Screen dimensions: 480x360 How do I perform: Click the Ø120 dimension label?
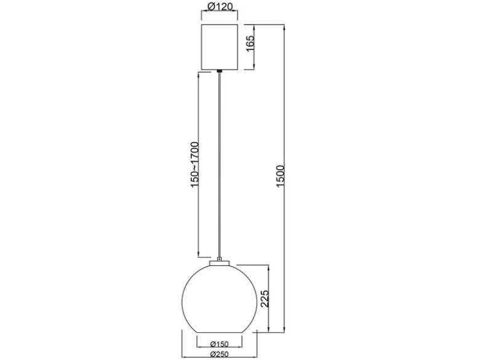tap(220, 6)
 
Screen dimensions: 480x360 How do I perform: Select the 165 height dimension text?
tap(250, 44)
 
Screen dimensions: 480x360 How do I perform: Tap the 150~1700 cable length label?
tap(194, 165)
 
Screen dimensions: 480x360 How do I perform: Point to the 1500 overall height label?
tap(280, 177)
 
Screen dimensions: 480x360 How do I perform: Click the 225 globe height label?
tap(265, 298)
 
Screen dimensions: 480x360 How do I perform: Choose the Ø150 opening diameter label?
tap(220, 345)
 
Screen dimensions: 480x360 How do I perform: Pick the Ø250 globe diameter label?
tap(220, 354)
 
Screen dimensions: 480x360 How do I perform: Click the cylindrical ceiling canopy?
tap(220, 47)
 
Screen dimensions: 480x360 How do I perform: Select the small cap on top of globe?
tap(220, 263)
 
